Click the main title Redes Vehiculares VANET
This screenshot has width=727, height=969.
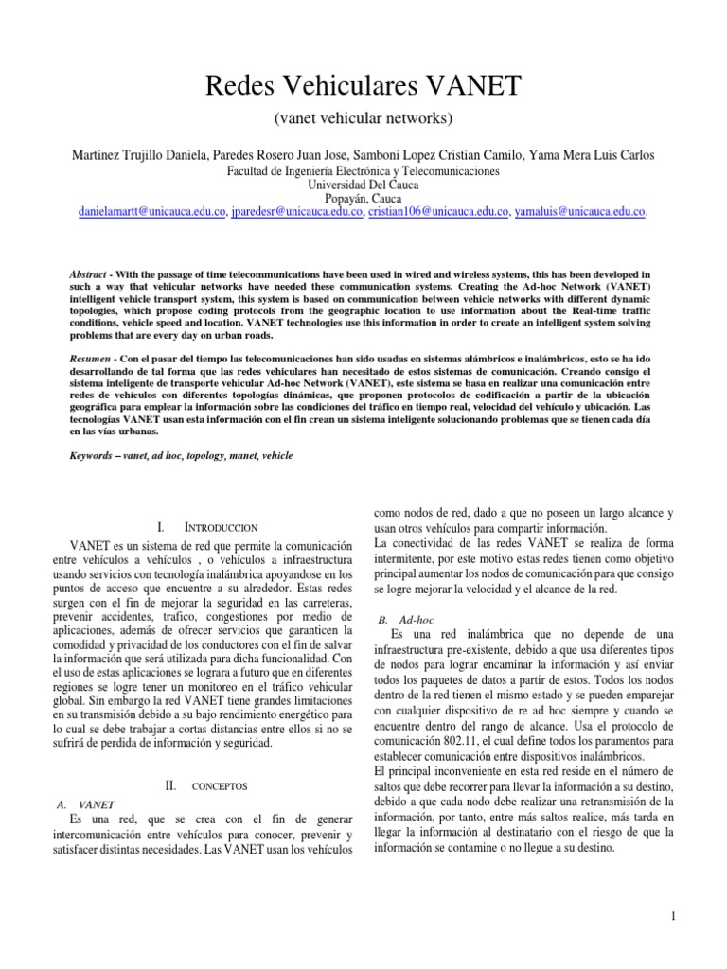pos(363,87)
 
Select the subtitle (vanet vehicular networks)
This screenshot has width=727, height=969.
pos(363,118)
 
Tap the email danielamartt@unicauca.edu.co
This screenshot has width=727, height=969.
pos(151,213)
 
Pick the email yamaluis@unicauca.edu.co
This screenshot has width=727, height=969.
pos(579,213)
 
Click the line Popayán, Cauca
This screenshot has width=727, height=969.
pos(363,199)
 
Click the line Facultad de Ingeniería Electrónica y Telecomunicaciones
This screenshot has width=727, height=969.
pos(363,171)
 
